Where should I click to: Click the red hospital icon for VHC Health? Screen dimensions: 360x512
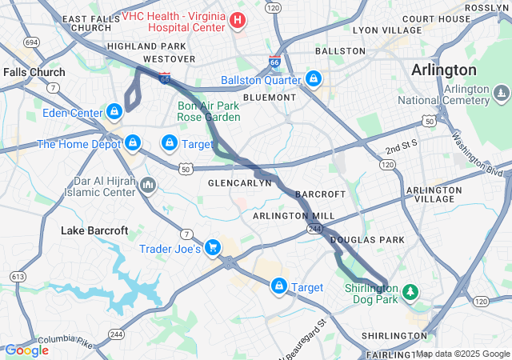pos(238,19)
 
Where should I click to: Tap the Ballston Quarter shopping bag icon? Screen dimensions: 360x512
pos(314,80)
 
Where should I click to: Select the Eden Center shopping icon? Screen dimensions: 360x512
pos(114,112)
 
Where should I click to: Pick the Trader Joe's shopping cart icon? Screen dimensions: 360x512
pos(212,249)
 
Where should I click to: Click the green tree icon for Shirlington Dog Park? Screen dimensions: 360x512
pos(410,292)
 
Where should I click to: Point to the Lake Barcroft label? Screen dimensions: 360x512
pos(94,230)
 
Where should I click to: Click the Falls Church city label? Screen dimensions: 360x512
pos(34,72)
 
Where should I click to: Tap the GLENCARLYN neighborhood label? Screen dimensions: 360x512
pos(240,182)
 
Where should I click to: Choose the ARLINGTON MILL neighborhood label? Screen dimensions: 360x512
pos(294,216)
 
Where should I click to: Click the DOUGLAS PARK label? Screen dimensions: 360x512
pos(367,239)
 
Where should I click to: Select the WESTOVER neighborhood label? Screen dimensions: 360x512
pos(169,59)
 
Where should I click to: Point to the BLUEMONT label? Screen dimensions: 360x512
pos(269,97)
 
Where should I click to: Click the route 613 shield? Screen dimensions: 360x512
pos(18,276)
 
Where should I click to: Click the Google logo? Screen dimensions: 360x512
pos(26,350)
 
